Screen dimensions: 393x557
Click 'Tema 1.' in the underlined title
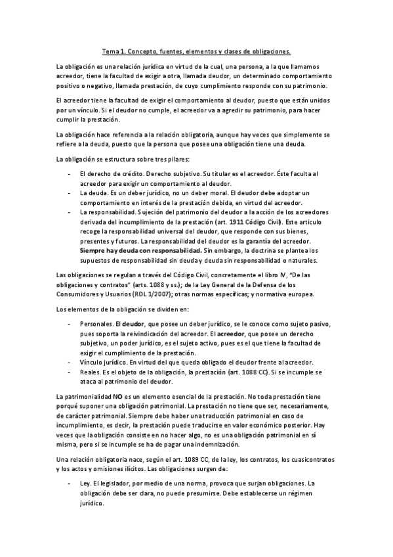[x=115, y=51]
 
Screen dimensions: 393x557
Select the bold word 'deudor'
[x=133, y=324]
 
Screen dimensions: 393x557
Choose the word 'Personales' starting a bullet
[x=95, y=324]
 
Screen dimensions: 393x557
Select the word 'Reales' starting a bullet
[x=89, y=372]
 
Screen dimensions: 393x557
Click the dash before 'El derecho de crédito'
[x=70, y=173]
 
